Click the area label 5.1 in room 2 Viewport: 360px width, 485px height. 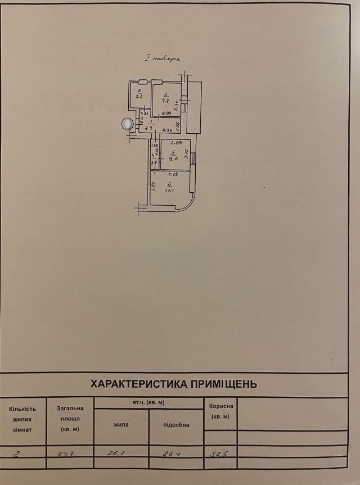138,96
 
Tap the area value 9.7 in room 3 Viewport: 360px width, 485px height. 166,101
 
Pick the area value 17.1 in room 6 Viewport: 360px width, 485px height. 168,190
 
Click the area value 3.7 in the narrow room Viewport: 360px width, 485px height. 153,162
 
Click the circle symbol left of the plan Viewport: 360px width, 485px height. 128,123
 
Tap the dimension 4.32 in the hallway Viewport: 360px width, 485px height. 166,131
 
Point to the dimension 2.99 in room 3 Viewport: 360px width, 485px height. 167,114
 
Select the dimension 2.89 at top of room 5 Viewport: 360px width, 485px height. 175,143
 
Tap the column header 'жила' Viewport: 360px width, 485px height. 120,424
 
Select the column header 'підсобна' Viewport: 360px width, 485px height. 176,425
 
